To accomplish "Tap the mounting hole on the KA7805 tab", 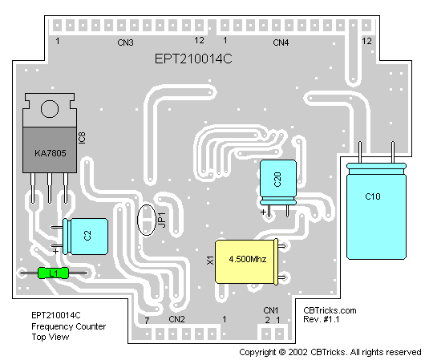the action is click(50, 109).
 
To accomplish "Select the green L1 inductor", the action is click(53, 273).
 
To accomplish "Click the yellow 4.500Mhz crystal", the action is click(246, 261).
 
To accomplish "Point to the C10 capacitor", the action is click(376, 211).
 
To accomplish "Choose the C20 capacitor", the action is click(278, 182).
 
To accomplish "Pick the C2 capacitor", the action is click(85, 237).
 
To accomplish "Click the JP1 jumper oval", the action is click(147, 220).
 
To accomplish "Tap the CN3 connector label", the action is click(125, 42).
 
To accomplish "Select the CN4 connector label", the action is click(281, 42).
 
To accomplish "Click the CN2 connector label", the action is click(176, 319).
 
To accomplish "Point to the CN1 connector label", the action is click(271, 310).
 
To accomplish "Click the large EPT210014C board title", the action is click(193, 59).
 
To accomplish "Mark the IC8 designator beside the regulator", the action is click(82, 138).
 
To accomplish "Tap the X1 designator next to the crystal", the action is click(210, 261).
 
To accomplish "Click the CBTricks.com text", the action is click(330, 310).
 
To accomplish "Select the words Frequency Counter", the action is click(69, 326).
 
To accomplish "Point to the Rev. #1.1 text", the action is click(322, 319).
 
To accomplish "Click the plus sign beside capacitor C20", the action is click(263, 212).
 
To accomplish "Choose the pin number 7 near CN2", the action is click(147, 321).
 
